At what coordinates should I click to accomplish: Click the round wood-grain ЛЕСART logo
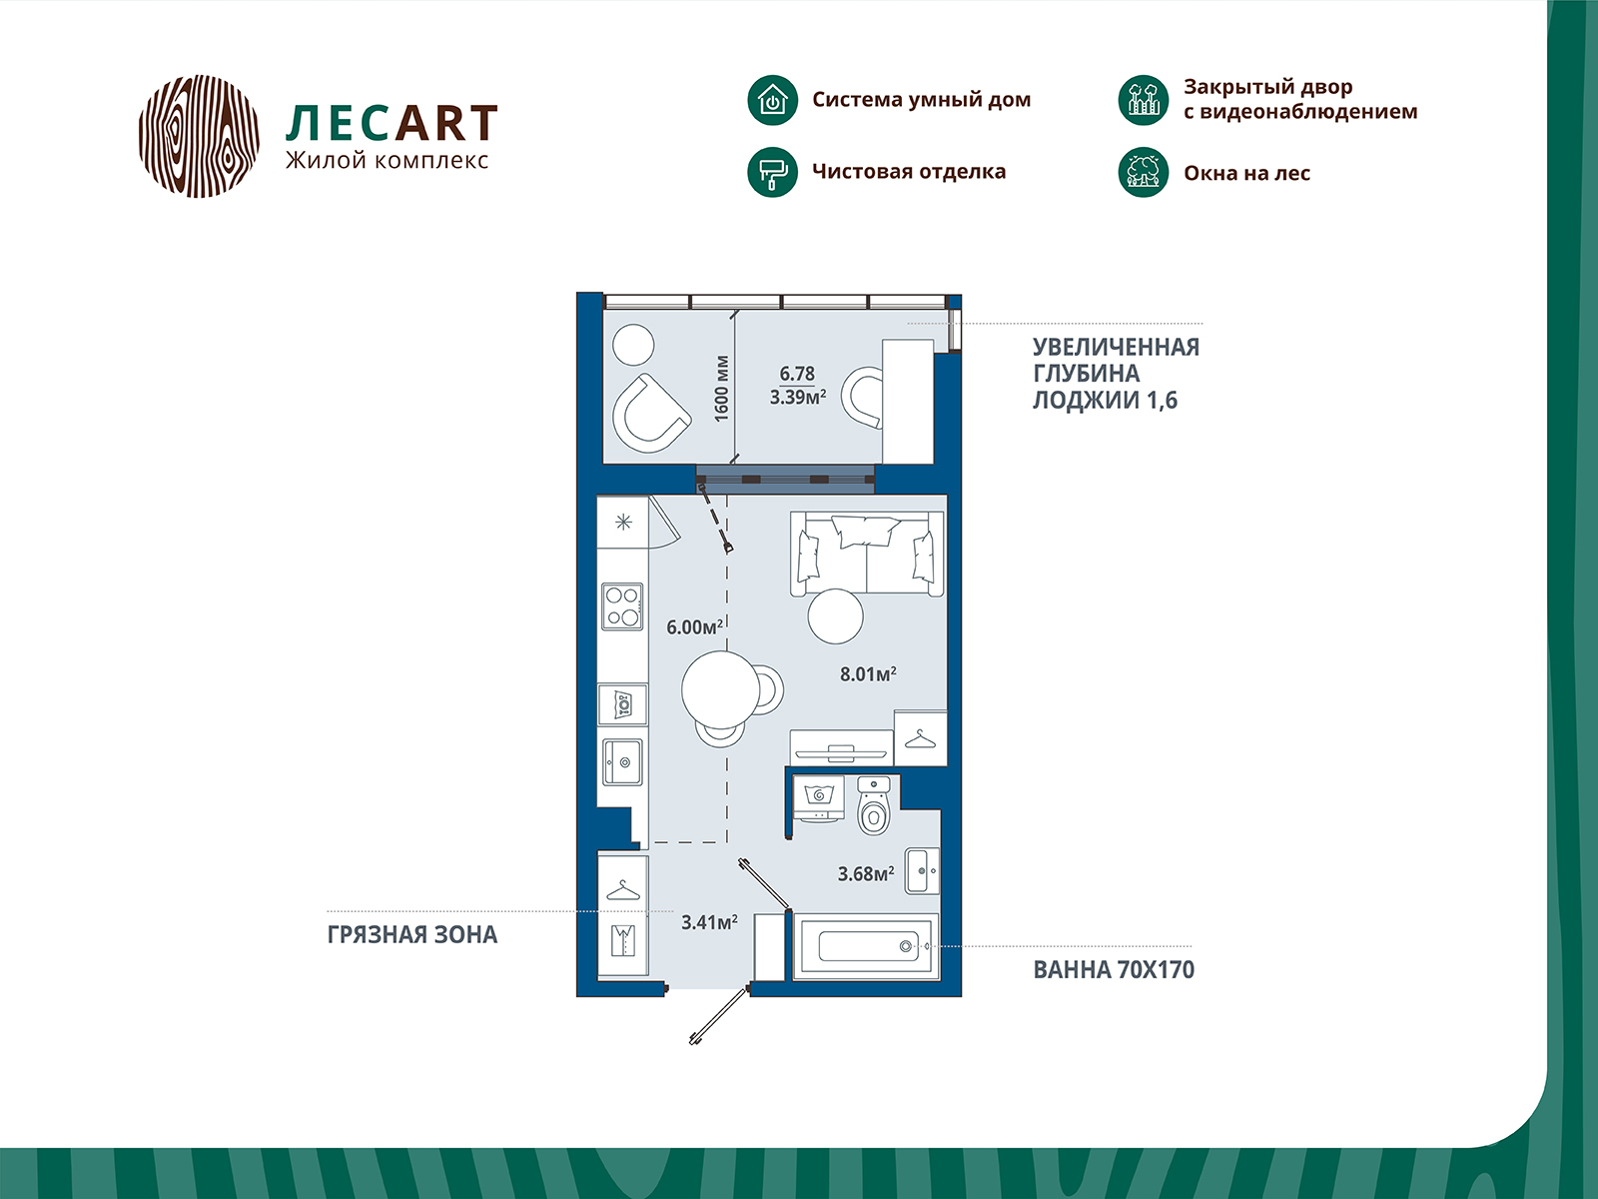pyautogui.click(x=199, y=136)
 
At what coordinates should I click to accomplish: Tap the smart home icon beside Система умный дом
pyautogui.click(x=772, y=100)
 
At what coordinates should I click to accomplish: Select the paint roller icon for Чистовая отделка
pyautogui.click(x=772, y=172)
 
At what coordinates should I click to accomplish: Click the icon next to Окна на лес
pyautogui.click(x=1143, y=172)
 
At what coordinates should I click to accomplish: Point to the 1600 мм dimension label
pyautogui.click(x=722, y=389)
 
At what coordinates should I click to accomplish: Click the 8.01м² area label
pyautogui.click(x=868, y=674)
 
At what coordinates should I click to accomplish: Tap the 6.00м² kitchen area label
pyautogui.click(x=694, y=627)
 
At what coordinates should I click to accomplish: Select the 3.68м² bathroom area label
pyautogui.click(x=865, y=874)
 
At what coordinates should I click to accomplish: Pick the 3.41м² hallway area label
pyautogui.click(x=709, y=922)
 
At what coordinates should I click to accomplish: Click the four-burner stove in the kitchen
pyautogui.click(x=622, y=606)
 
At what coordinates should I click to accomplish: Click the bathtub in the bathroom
pyautogui.click(x=867, y=945)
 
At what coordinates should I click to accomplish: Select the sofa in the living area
pyautogui.click(x=867, y=555)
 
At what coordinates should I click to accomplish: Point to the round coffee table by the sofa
pyautogui.click(x=835, y=616)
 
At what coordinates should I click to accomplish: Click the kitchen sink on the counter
pyautogui.click(x=623, y=763)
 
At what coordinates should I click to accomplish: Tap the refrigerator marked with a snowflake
pyautogui.click(x=623, y=522)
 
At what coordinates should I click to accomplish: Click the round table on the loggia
pyautogui.click(x=633, y=346)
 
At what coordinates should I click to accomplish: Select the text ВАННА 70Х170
pyautogui.click(x=1113, y=970)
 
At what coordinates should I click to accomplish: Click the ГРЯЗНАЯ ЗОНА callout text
pyautogui.click(x=411, y=935)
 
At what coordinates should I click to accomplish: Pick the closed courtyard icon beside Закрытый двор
pyautogui.click(x=1143, y=100)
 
